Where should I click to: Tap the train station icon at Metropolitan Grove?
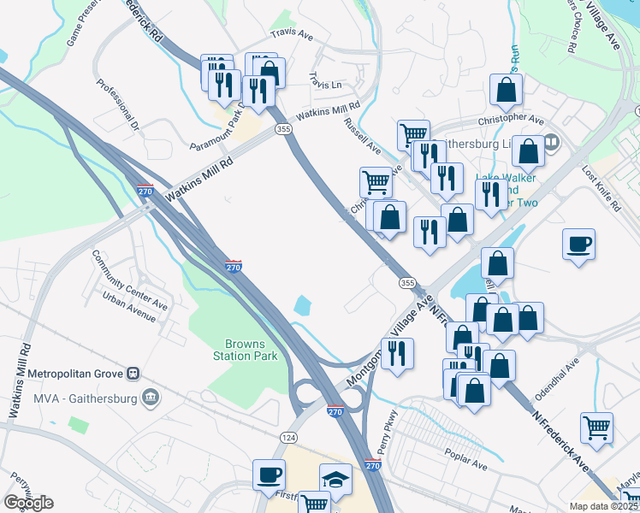133,374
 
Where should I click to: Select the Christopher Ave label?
511,121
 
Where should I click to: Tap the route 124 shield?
290,437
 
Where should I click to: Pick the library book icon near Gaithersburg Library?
550,143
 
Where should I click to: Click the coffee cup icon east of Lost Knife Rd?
578,244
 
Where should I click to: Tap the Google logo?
28,503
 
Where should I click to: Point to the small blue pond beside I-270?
303,304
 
